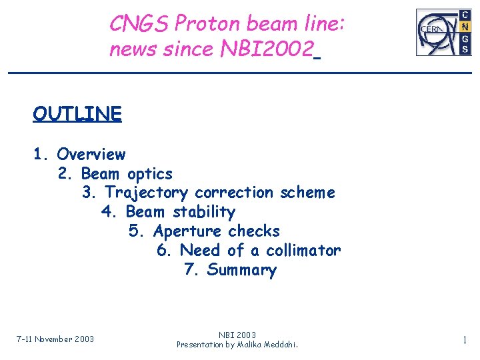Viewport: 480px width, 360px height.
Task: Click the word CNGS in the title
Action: coord(139,24)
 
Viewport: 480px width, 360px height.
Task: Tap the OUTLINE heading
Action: coord(77,114)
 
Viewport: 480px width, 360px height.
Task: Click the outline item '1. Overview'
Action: coord(79,154)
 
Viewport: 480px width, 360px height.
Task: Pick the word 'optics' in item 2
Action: coord(150,174)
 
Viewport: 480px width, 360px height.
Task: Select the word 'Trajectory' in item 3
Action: coord(147,193)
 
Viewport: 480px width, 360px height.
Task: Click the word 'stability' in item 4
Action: coord(204,212)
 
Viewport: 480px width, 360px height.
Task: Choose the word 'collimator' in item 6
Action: coord(303,251)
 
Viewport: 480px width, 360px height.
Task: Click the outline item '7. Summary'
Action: coord(230,270)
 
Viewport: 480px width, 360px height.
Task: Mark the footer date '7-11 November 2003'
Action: coord(55,339)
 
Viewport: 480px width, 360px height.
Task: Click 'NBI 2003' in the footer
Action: coord(237,335)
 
